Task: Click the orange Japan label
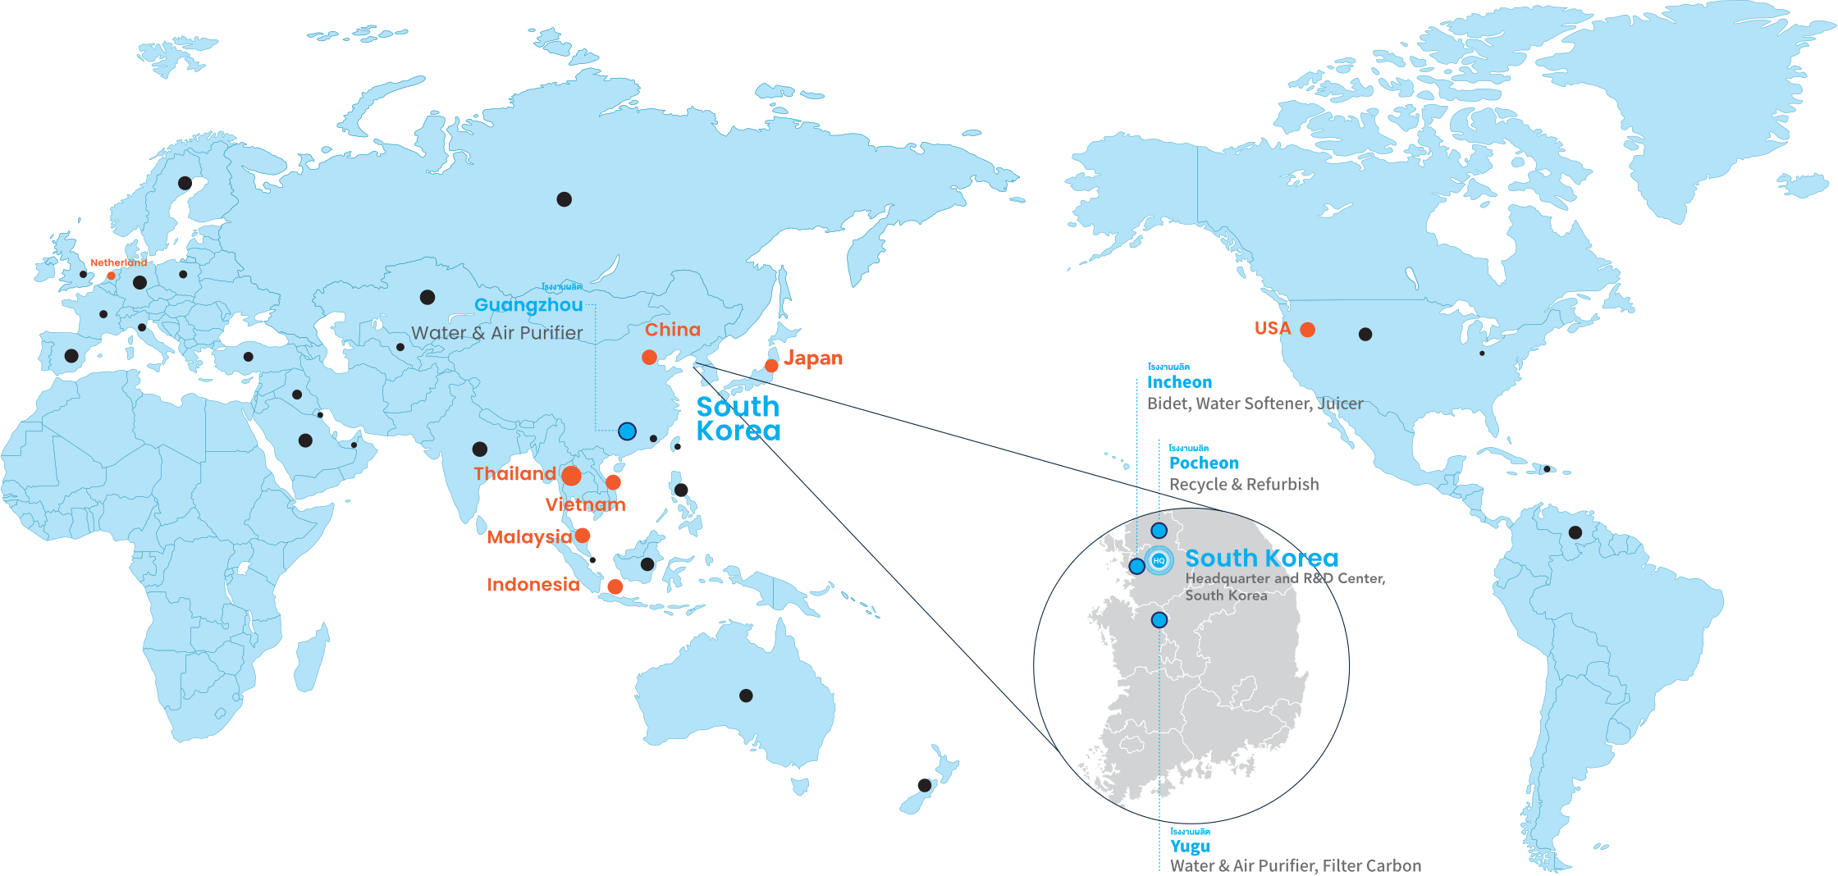tap(813, 358)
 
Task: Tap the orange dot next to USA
tap(1308, 330)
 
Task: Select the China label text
tap(673, 330)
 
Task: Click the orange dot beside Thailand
tap(572, 476)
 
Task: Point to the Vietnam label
tap(585, 504)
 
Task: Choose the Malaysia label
tap(529, 537)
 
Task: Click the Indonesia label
tap(533, 585)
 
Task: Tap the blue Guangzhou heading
tap(528, 305)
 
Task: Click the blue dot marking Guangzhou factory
tap(627, 431)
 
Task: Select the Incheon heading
tap(1179, 382)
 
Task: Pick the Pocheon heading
tap(1204, 463)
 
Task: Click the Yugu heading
tap(1190, 846)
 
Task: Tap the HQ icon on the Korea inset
tap(1159, 560)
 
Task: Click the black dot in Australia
tap(746, 696)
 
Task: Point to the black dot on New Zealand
tap(924, 785)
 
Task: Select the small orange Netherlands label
tap(119, 263)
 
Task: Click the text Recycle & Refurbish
tap(1244, 484)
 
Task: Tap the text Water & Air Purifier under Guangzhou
tap(496, 333)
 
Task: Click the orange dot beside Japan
tap(771, 366)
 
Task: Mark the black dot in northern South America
tap(1575, 532)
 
